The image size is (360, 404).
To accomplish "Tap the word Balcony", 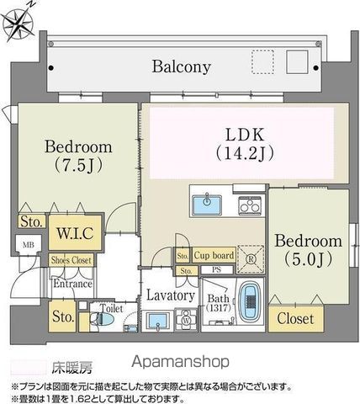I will pos(182,66).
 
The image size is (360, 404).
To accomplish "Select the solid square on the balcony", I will pos(297,63).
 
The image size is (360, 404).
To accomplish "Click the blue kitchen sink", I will pos(207,205).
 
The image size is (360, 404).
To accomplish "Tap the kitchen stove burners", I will pos(249,205).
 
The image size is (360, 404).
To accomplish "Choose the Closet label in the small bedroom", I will pos(295,319).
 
